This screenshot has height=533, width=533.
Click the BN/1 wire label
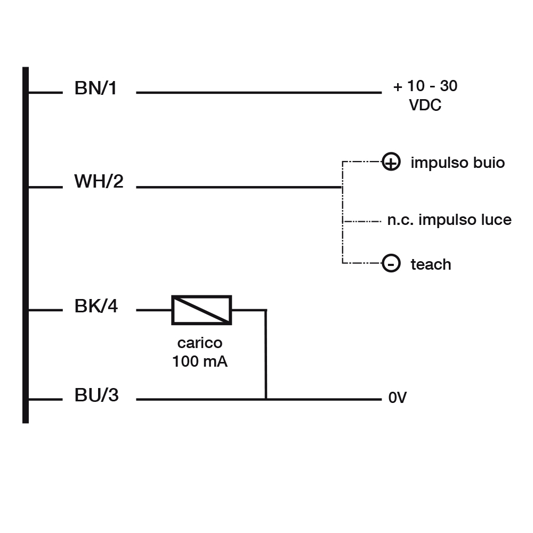point(96,88)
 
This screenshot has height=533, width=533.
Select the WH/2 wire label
point(99,182)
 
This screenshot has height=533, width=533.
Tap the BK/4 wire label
point(96,307)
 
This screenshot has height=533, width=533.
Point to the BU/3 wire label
point(96,396)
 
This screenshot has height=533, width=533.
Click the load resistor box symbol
point(201,310)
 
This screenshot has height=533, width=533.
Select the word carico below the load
point(200,343)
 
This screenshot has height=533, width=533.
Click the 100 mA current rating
point(200,362)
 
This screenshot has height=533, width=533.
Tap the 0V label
point(398,399)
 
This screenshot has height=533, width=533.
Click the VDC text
point(425,105)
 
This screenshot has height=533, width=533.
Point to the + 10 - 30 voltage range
point(425,86)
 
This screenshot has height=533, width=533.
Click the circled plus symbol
point(391,162)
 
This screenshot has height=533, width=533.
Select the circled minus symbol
point(391,263)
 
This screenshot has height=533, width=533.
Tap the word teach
point(431,264)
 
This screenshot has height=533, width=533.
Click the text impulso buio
point(457,163)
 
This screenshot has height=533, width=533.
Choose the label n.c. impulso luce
point(449,220)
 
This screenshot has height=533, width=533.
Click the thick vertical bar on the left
point(26,245)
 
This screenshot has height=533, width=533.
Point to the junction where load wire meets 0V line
point(266,399)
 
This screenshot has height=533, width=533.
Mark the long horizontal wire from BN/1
point(259,93)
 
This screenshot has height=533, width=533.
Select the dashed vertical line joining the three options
point(342,213)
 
